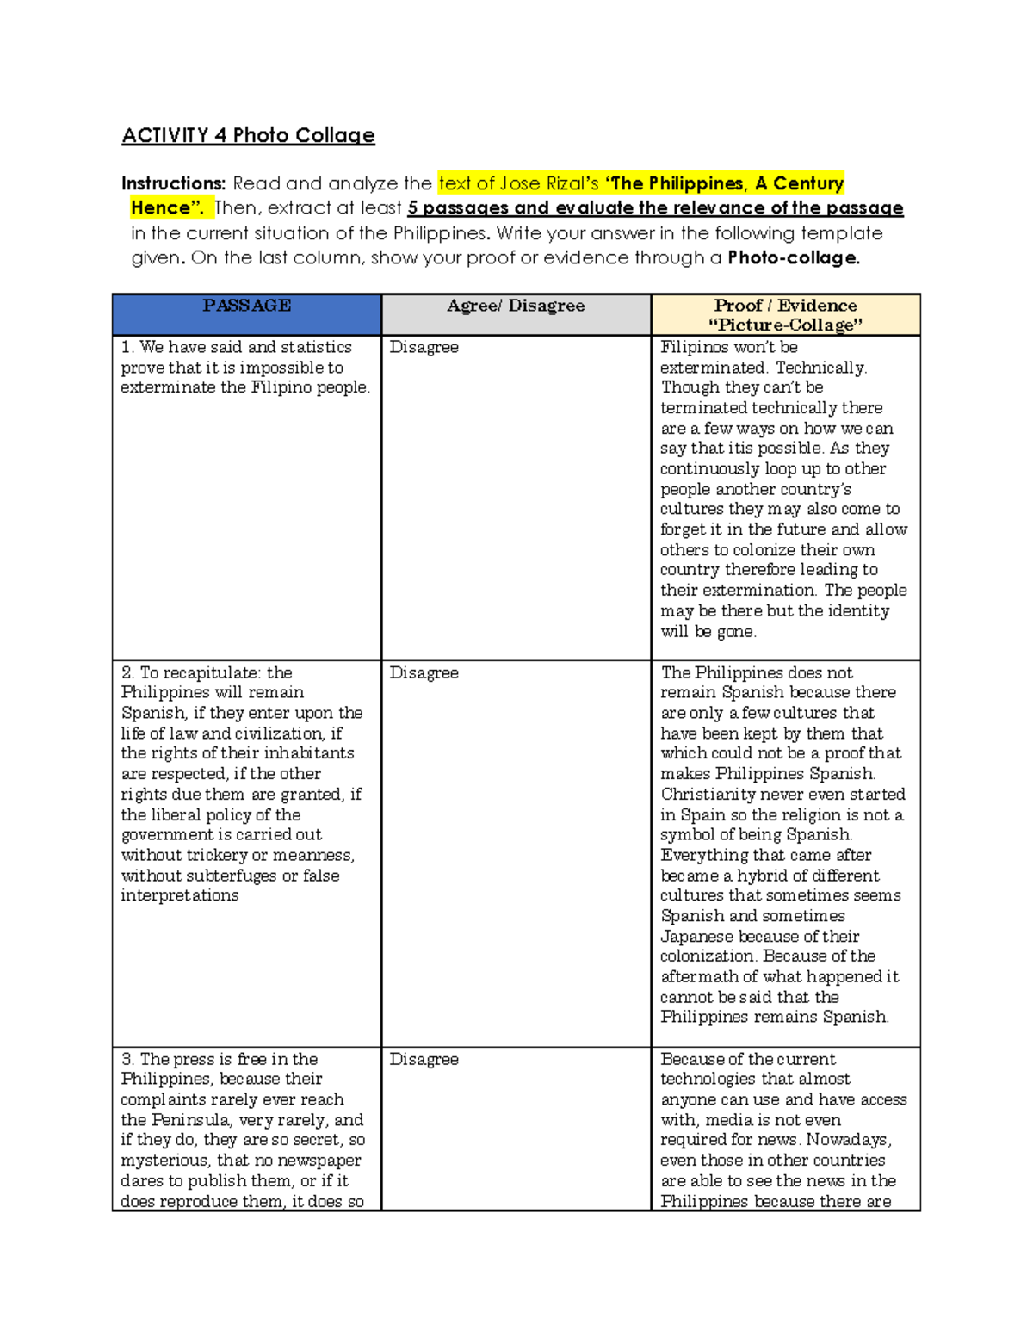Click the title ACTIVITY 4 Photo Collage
coord(248,135)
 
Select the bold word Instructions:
coord(173,183)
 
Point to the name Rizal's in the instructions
coord(572,183)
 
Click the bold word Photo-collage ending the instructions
coord(792,257)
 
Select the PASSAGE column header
coord(246,306)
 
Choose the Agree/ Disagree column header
coord(516,306)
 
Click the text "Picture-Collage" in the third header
coord(785,325)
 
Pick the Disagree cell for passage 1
coord(424,347)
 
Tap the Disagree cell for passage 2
coord(424,672)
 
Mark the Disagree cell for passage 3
coord(424,1059)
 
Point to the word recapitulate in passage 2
coord(213,672)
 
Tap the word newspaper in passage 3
coord(319,1161)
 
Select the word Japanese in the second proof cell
coord(698,937)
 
